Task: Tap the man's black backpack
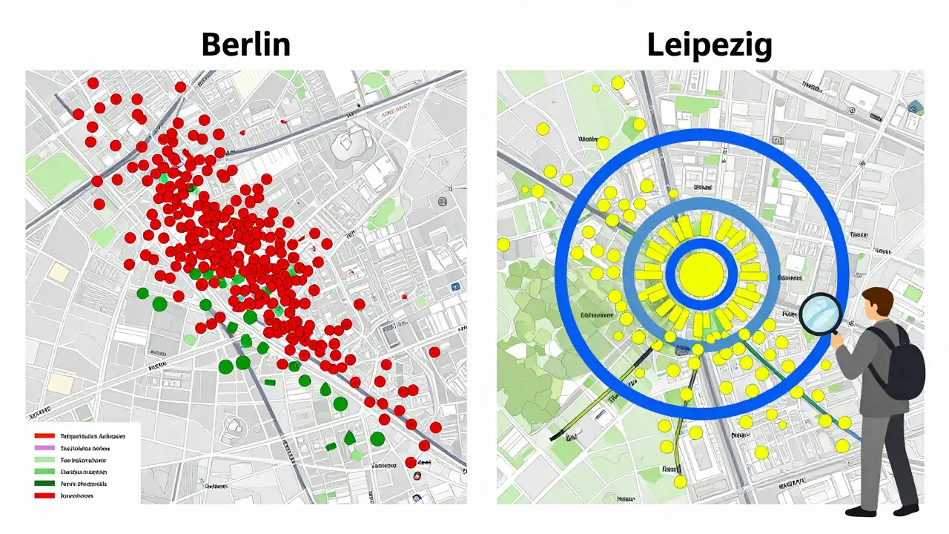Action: [905, 365]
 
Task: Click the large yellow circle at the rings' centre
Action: [701, 274]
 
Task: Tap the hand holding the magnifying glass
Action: [840, 339]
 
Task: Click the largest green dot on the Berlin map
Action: [159, 303]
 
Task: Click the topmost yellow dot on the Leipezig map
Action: [618, 83]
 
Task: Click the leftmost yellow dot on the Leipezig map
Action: [503, 244]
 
